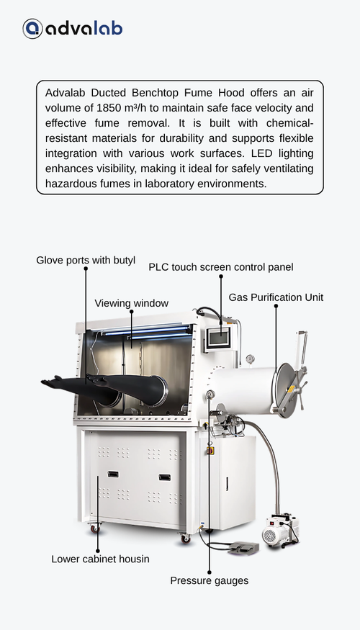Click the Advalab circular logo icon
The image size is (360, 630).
pyautogui.click(x=32, y=29)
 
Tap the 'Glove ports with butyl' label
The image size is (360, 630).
pyautogui.click(x=86, y=261)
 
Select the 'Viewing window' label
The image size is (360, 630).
pyautogui.click(x=131, y=303)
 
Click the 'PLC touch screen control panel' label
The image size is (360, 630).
pyautogui.click(x=221, y=267)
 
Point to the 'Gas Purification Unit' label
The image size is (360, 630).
pyautogui.click(x=276, y=297)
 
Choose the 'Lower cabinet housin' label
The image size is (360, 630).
pyautogui.click(x=101, y=559)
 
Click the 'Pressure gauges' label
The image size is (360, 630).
pyautogui.click(x=210, y=580)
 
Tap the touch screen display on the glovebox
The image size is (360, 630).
pyautogui.click(x=220, y=338)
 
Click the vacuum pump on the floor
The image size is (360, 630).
pyautogui.click(x=281, y=530)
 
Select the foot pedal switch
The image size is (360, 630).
pyautogui.click(x=243, y=549)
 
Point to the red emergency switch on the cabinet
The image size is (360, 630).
pyautogui.click(x=210, y=451)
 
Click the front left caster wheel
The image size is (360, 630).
pyautogui.click(x=96, y=528)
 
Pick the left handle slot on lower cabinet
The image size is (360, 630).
pyautogui.click(x=113, y=474)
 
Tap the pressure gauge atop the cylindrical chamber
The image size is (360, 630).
pyautogui.click(x=251, y=359)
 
